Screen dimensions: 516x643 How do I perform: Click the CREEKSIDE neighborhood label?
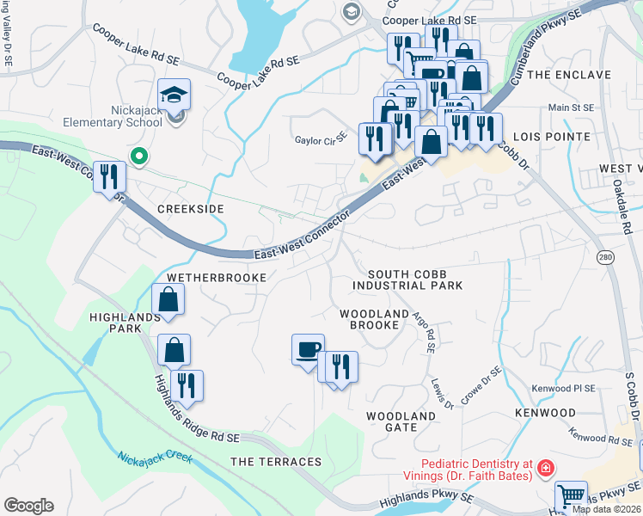pos(190,209)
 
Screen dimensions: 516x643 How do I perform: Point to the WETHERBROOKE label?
pos(211,278)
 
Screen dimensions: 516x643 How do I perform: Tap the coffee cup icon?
pos(308,350)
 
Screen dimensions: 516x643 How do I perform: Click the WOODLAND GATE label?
pos(401,421)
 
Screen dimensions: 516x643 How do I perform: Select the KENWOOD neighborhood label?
pos(545,413)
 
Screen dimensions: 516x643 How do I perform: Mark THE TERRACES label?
pos(276,462)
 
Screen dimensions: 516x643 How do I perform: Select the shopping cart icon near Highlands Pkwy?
pos(570,496)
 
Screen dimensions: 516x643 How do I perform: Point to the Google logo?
pos(28,506)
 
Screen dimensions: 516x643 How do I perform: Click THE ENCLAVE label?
pos(568,75)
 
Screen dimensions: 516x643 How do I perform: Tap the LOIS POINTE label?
pos(551,137)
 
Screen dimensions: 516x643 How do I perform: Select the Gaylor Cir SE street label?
pos(320,138)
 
